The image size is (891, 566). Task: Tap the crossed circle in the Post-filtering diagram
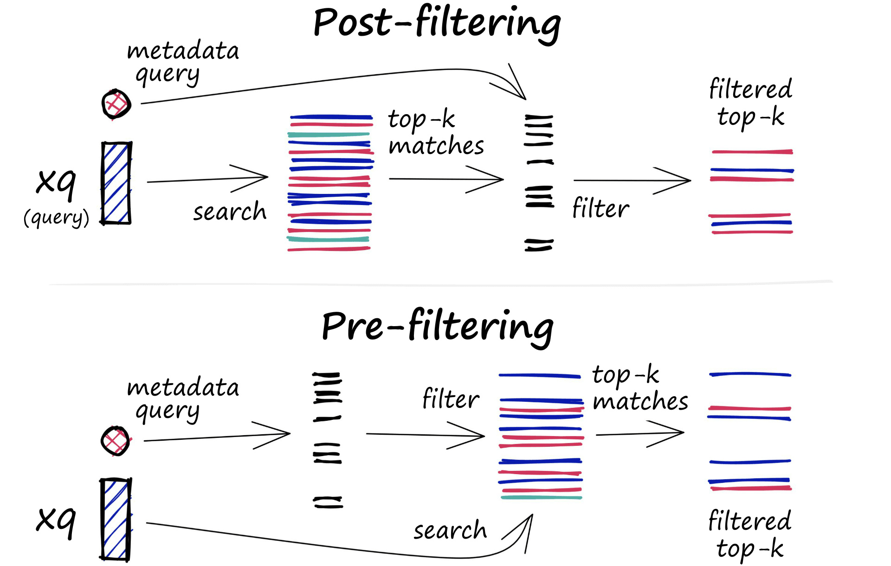(116, 104)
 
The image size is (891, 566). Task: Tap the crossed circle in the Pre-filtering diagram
(116, 441)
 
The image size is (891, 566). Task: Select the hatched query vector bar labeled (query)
(116, 183)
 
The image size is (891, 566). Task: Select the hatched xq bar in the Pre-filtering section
(116, 519)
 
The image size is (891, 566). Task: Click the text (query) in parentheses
(56, 217)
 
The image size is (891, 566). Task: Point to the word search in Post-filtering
(230, 212)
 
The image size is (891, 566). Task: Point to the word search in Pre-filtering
(450, 530)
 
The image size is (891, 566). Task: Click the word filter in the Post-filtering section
(600, 208)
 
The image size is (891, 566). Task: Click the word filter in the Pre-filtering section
(451, 399)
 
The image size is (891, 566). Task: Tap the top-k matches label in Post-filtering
(435, 133)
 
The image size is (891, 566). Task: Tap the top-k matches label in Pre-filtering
(639, 388)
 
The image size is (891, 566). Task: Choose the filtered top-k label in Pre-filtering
(749, 534)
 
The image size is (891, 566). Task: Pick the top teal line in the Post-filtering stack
(329, 135)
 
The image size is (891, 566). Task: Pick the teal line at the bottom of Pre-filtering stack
(541, 497)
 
